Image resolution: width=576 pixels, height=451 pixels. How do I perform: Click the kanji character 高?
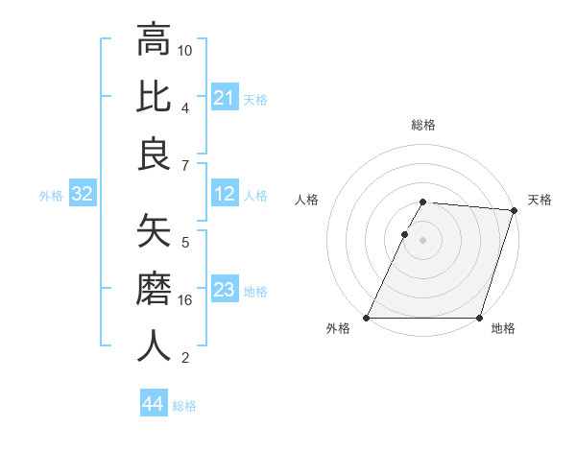click(155, 40)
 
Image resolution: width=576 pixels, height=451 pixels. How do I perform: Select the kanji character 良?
click(155, 154)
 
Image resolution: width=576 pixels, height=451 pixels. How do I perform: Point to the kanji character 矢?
click(155, 230)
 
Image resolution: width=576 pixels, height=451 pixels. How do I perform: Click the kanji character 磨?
click(155, 288)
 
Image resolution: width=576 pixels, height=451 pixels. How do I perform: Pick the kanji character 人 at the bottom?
click(155, 345)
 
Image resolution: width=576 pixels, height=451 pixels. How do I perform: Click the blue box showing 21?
click(225, 98)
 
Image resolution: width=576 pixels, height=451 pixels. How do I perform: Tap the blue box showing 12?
click(225, 195)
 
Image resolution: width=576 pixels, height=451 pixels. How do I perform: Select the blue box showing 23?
click(225, 290)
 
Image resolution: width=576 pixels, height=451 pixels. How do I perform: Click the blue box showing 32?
click(83, 195)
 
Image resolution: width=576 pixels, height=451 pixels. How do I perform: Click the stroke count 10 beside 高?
click(185, 50)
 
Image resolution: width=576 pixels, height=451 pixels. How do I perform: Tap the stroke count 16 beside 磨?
click(185, 300)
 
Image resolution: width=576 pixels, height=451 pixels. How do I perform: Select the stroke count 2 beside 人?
click(185, 358)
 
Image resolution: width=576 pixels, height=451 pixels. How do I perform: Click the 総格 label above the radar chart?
click(423, 125)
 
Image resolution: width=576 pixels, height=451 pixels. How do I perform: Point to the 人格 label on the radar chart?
click(308, 200)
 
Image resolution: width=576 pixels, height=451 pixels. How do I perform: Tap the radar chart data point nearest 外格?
click(367, 318)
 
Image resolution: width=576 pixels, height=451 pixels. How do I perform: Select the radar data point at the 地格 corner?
click(479, 318)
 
